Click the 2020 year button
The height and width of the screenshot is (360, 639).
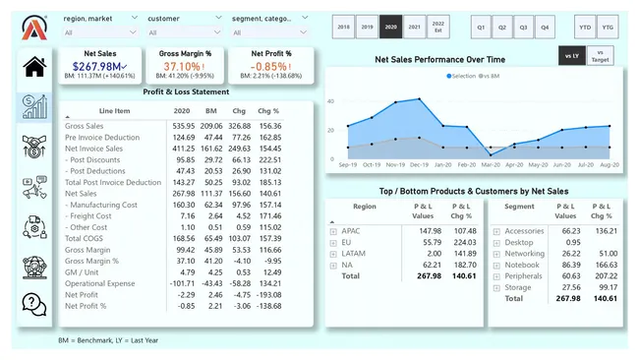[x=390, y=28]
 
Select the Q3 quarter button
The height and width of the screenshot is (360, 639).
[x=523, y=28]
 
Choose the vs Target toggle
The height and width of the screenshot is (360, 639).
[x=600, y=56]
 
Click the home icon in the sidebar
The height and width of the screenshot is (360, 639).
[x=34, y=67]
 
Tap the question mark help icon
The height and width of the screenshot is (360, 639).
[x=34, y=303]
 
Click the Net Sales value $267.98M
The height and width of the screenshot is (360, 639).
[x=98, y=67]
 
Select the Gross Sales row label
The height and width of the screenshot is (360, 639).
[x=86, y=126]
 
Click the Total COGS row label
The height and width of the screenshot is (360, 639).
[x=85, y=238]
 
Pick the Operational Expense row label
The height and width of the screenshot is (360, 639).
[x=100, y=282]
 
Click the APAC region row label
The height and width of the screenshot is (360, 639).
[x=352, y=230]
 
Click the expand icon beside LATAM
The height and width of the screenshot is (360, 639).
[x=333, y=254]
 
